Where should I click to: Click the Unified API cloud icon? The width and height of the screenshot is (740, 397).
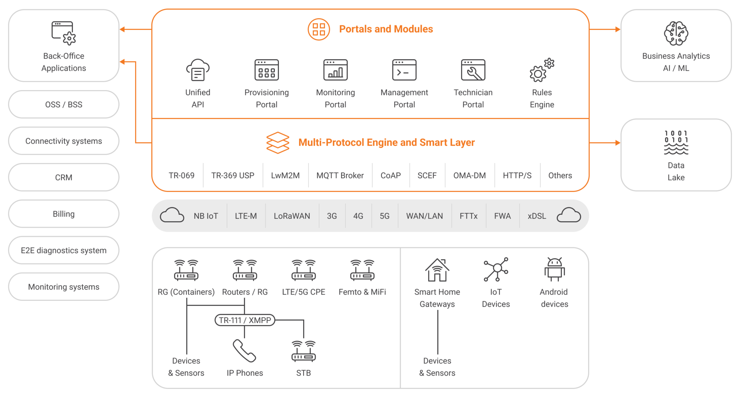pos(198,70)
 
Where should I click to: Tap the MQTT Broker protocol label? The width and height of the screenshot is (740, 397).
pos(340,176)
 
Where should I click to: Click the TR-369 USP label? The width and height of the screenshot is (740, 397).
pos(233,176)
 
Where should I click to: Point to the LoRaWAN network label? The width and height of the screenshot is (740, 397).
pos(292,216)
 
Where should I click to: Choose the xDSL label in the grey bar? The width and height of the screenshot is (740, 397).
pos(537,216)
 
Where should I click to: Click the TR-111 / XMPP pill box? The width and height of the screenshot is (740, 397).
pos(245,320)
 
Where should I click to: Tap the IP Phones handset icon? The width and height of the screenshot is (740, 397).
pos(244,351)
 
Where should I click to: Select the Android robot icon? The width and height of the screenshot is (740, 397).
pos(554,269)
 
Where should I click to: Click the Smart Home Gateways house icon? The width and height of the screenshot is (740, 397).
pos(437,270)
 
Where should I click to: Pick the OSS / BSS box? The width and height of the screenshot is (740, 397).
pos(64,104)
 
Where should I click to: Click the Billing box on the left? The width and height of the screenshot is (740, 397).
pos(64,214)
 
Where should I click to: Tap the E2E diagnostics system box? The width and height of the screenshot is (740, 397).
pos(64,251)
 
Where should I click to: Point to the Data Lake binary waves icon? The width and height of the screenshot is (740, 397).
pos(676,142)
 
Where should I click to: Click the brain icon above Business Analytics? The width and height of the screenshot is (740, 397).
pos(676,33)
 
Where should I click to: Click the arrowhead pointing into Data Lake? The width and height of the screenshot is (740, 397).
pos(618,143)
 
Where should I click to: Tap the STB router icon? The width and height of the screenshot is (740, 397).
pos(304,351)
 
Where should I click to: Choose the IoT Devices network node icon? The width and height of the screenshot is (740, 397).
pos(496,269)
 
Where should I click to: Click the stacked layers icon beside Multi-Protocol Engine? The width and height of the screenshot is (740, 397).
pos(277,143)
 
